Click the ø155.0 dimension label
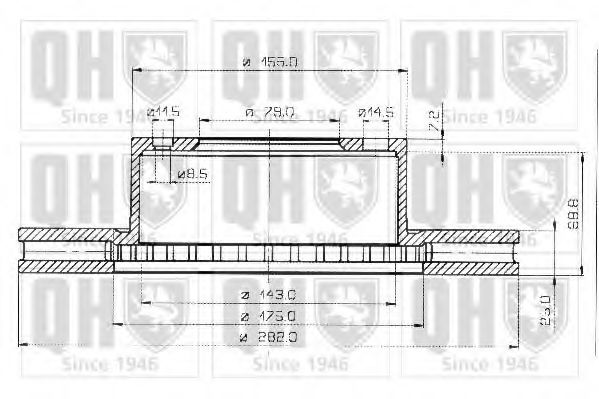click(270, 62)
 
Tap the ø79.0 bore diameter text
click(270, 112)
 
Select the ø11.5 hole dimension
click(163, 112)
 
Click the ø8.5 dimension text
click(191, 175)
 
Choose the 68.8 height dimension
click(572, 212)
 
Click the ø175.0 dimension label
click(270, 317)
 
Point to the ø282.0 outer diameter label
click(270, 337)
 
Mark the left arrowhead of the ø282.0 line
click(24, 345)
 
